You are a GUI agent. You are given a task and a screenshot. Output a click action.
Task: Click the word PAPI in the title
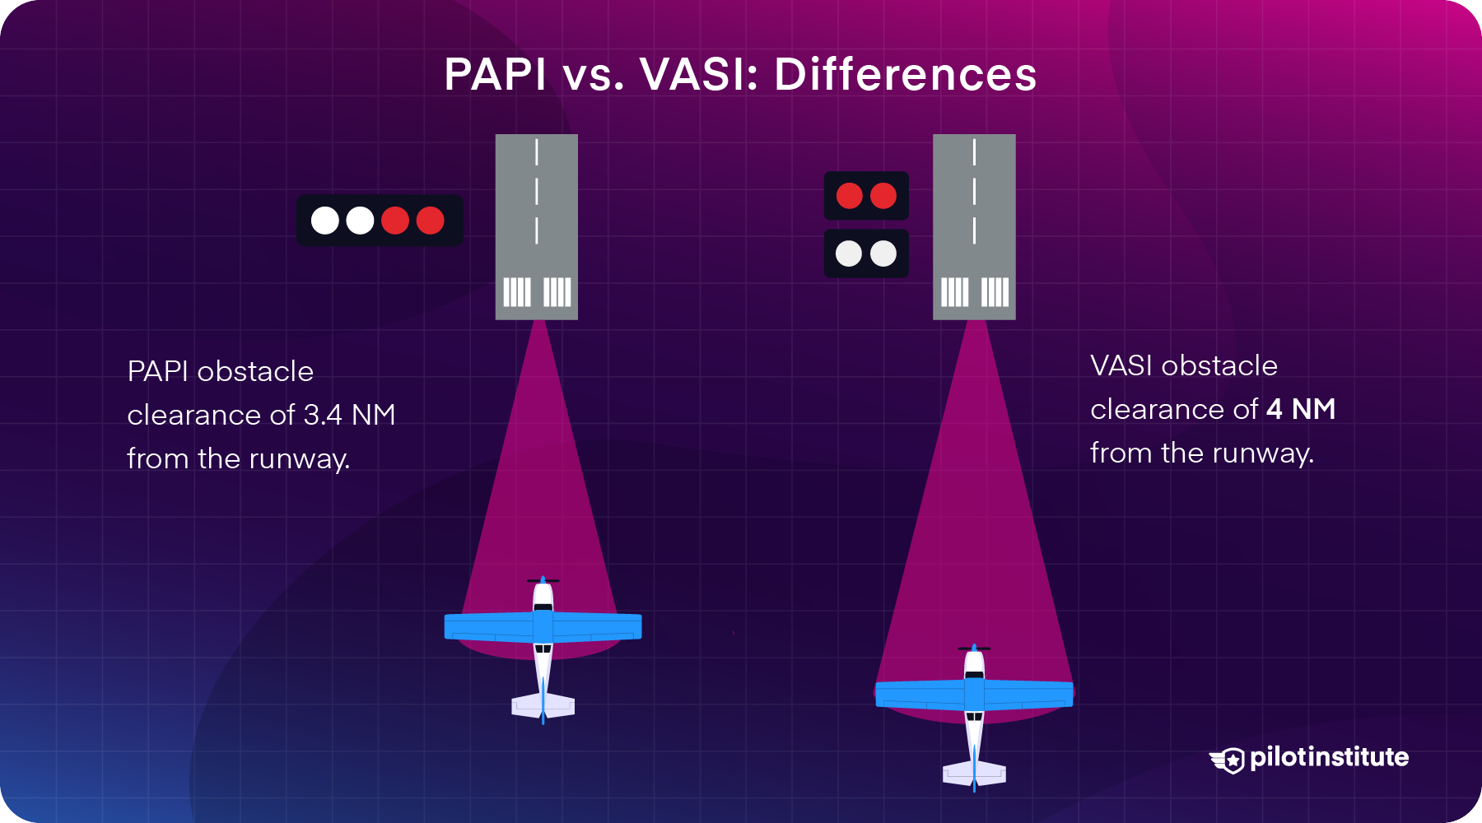click(495, 74)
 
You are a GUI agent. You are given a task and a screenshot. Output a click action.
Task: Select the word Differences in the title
click(905, 74)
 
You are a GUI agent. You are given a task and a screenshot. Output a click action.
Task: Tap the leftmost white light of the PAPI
click(325, 221)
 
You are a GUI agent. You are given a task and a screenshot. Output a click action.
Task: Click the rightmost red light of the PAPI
click(431, 221)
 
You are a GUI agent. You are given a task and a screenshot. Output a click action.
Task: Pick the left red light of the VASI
click(849, 196)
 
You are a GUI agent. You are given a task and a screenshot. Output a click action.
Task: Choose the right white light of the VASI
click(883, 253)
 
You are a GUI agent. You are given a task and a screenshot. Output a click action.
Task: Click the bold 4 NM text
click(1301, 409)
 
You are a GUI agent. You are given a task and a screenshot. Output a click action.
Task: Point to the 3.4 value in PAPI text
click(323, 415)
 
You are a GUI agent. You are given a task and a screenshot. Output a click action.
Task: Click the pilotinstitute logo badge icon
click(1228, 760)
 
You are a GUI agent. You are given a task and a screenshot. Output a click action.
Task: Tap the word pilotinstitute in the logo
click(1329, 757)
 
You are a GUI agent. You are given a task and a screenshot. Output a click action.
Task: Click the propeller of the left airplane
click(543, 581)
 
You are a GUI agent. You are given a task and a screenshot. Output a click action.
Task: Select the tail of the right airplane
click(974, 774)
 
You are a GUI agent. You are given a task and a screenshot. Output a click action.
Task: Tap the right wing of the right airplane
click(1029, 695)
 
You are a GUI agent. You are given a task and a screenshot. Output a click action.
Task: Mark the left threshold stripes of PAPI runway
click(517, 292)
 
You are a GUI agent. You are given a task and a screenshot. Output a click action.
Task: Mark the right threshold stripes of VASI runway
click(995, 292)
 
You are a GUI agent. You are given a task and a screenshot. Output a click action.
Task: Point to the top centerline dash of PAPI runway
click(537, 152)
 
